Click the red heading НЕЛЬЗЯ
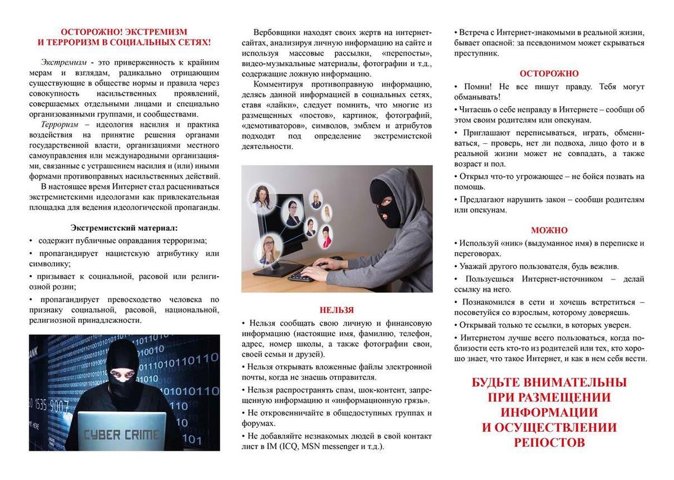coord(337,310)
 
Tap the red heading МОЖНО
coord(549,230)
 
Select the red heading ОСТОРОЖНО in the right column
coord(549,74)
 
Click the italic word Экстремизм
coord(63,62)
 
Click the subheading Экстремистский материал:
coord(124,227)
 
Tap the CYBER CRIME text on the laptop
coord(121,434)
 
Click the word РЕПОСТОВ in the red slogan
coord(549,442)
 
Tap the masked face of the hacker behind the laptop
coord(122,373)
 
